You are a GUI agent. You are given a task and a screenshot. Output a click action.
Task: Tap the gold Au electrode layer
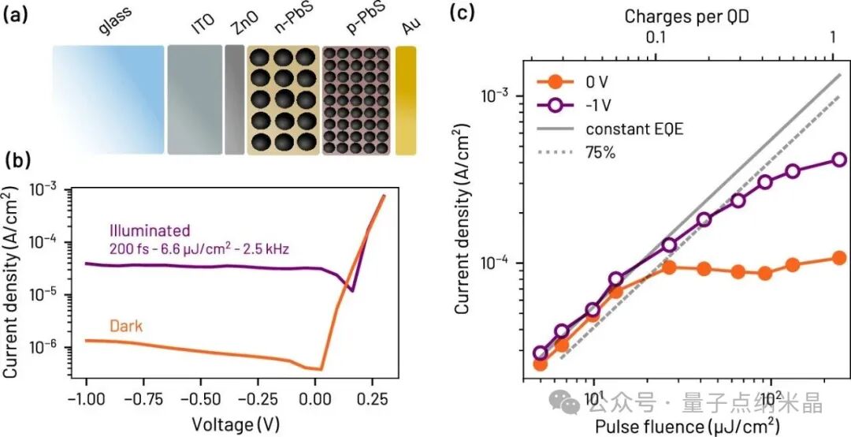point(406,100)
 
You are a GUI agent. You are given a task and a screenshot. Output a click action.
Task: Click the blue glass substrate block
point(108,100)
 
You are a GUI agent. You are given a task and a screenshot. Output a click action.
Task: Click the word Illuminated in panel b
point(150,230)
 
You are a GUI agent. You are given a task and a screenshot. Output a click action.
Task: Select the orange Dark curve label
point(126,326)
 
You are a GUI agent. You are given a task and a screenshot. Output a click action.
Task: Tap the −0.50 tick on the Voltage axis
point(201,400)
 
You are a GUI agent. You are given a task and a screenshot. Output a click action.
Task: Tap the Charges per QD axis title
point(686,17)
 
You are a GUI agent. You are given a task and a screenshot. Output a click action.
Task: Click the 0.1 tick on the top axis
point(656,39)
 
